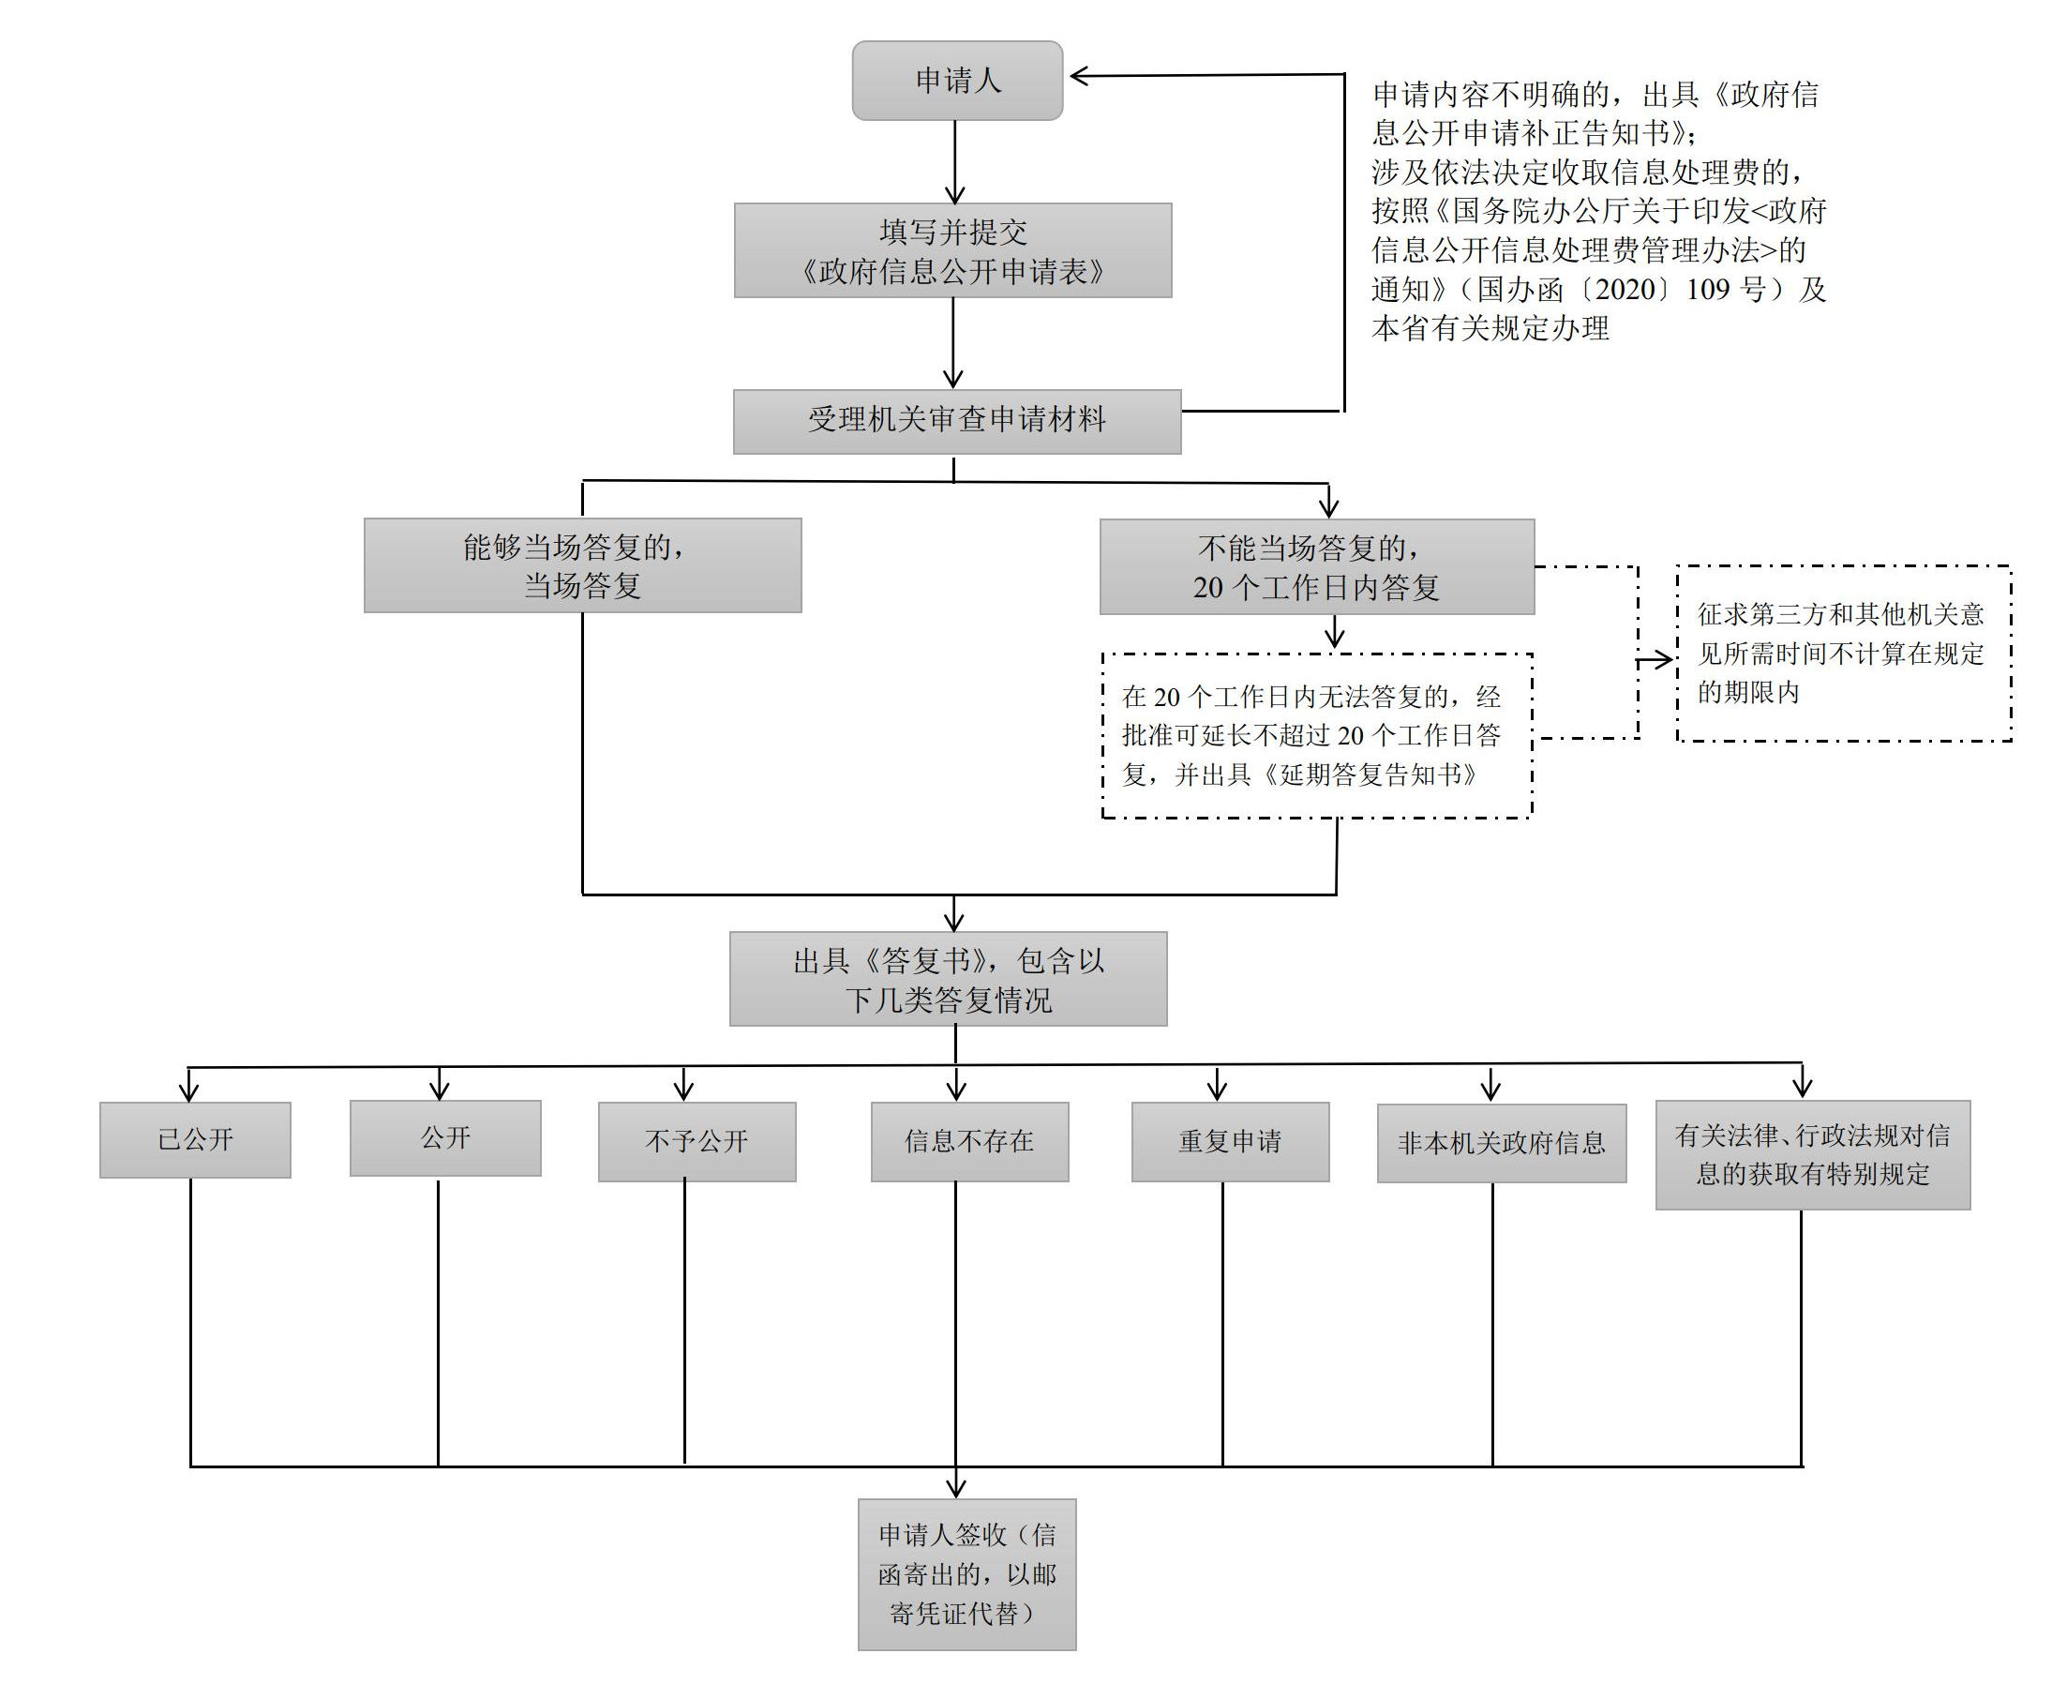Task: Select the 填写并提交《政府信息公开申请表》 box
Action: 952,250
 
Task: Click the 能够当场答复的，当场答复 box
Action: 582,566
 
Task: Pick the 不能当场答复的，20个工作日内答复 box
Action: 1316,567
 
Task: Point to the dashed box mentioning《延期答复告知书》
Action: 1316,735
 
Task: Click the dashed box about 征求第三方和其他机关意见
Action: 1843,653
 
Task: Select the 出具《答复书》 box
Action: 948,979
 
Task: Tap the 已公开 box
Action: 195,1140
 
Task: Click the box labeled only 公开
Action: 445,1138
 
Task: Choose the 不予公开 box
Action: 696,1142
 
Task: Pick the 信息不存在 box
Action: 969,1142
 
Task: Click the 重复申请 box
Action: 1230,1142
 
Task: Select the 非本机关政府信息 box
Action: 1502,1144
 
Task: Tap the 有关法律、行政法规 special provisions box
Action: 1813,1154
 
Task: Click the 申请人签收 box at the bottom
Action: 966,1574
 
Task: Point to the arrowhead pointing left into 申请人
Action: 1079,76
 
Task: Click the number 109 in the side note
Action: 1709,290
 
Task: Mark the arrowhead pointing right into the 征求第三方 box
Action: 1666,662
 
